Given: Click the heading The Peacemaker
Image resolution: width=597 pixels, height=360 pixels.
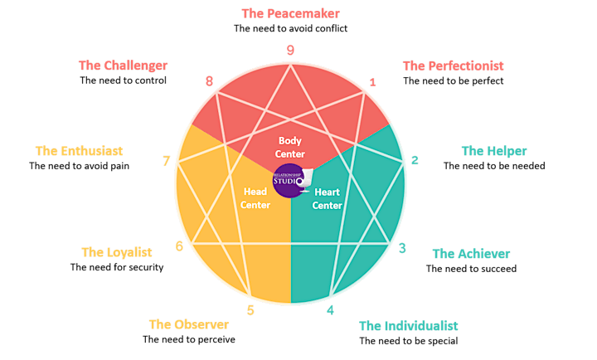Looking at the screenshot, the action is coord(290,13).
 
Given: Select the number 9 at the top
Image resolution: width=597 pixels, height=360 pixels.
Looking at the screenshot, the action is coord(290,50).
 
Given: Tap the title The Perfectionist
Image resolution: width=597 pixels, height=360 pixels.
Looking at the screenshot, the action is coord(453,66).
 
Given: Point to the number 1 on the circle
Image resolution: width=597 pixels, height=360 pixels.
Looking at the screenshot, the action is coord(372,82).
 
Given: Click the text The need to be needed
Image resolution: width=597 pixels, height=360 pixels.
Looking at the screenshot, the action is coord(494,166).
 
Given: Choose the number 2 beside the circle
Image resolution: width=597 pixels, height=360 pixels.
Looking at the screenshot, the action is coord(415,160).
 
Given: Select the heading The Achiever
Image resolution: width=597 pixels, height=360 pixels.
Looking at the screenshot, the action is coord(471,254).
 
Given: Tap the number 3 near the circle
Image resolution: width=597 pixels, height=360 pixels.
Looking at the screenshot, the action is coord(402,248).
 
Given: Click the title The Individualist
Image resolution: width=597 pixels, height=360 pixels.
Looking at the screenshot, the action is coord(408,326).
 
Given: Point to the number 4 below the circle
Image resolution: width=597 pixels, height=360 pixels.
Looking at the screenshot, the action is coord(330,310).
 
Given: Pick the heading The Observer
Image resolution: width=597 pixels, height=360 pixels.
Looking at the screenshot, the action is coord(189,324).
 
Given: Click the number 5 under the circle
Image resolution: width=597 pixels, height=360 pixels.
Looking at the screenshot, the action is coord(250,310).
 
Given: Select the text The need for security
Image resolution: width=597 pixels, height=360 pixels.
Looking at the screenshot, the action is coord(117,267).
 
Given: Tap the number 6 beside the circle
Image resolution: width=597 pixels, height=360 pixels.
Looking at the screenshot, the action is coord(179,246).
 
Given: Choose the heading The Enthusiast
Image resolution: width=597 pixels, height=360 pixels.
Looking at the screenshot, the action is coord(80,151).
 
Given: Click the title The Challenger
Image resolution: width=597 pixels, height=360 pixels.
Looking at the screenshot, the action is coord(123,66).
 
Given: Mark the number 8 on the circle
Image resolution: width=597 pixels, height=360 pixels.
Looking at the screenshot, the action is coord(209,81).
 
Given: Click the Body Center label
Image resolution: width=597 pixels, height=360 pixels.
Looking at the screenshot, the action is coord(289,148).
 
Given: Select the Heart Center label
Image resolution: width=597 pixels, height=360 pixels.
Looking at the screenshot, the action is coord(327,198).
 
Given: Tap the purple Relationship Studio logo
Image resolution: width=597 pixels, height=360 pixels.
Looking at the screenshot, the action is coord(291,181).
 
